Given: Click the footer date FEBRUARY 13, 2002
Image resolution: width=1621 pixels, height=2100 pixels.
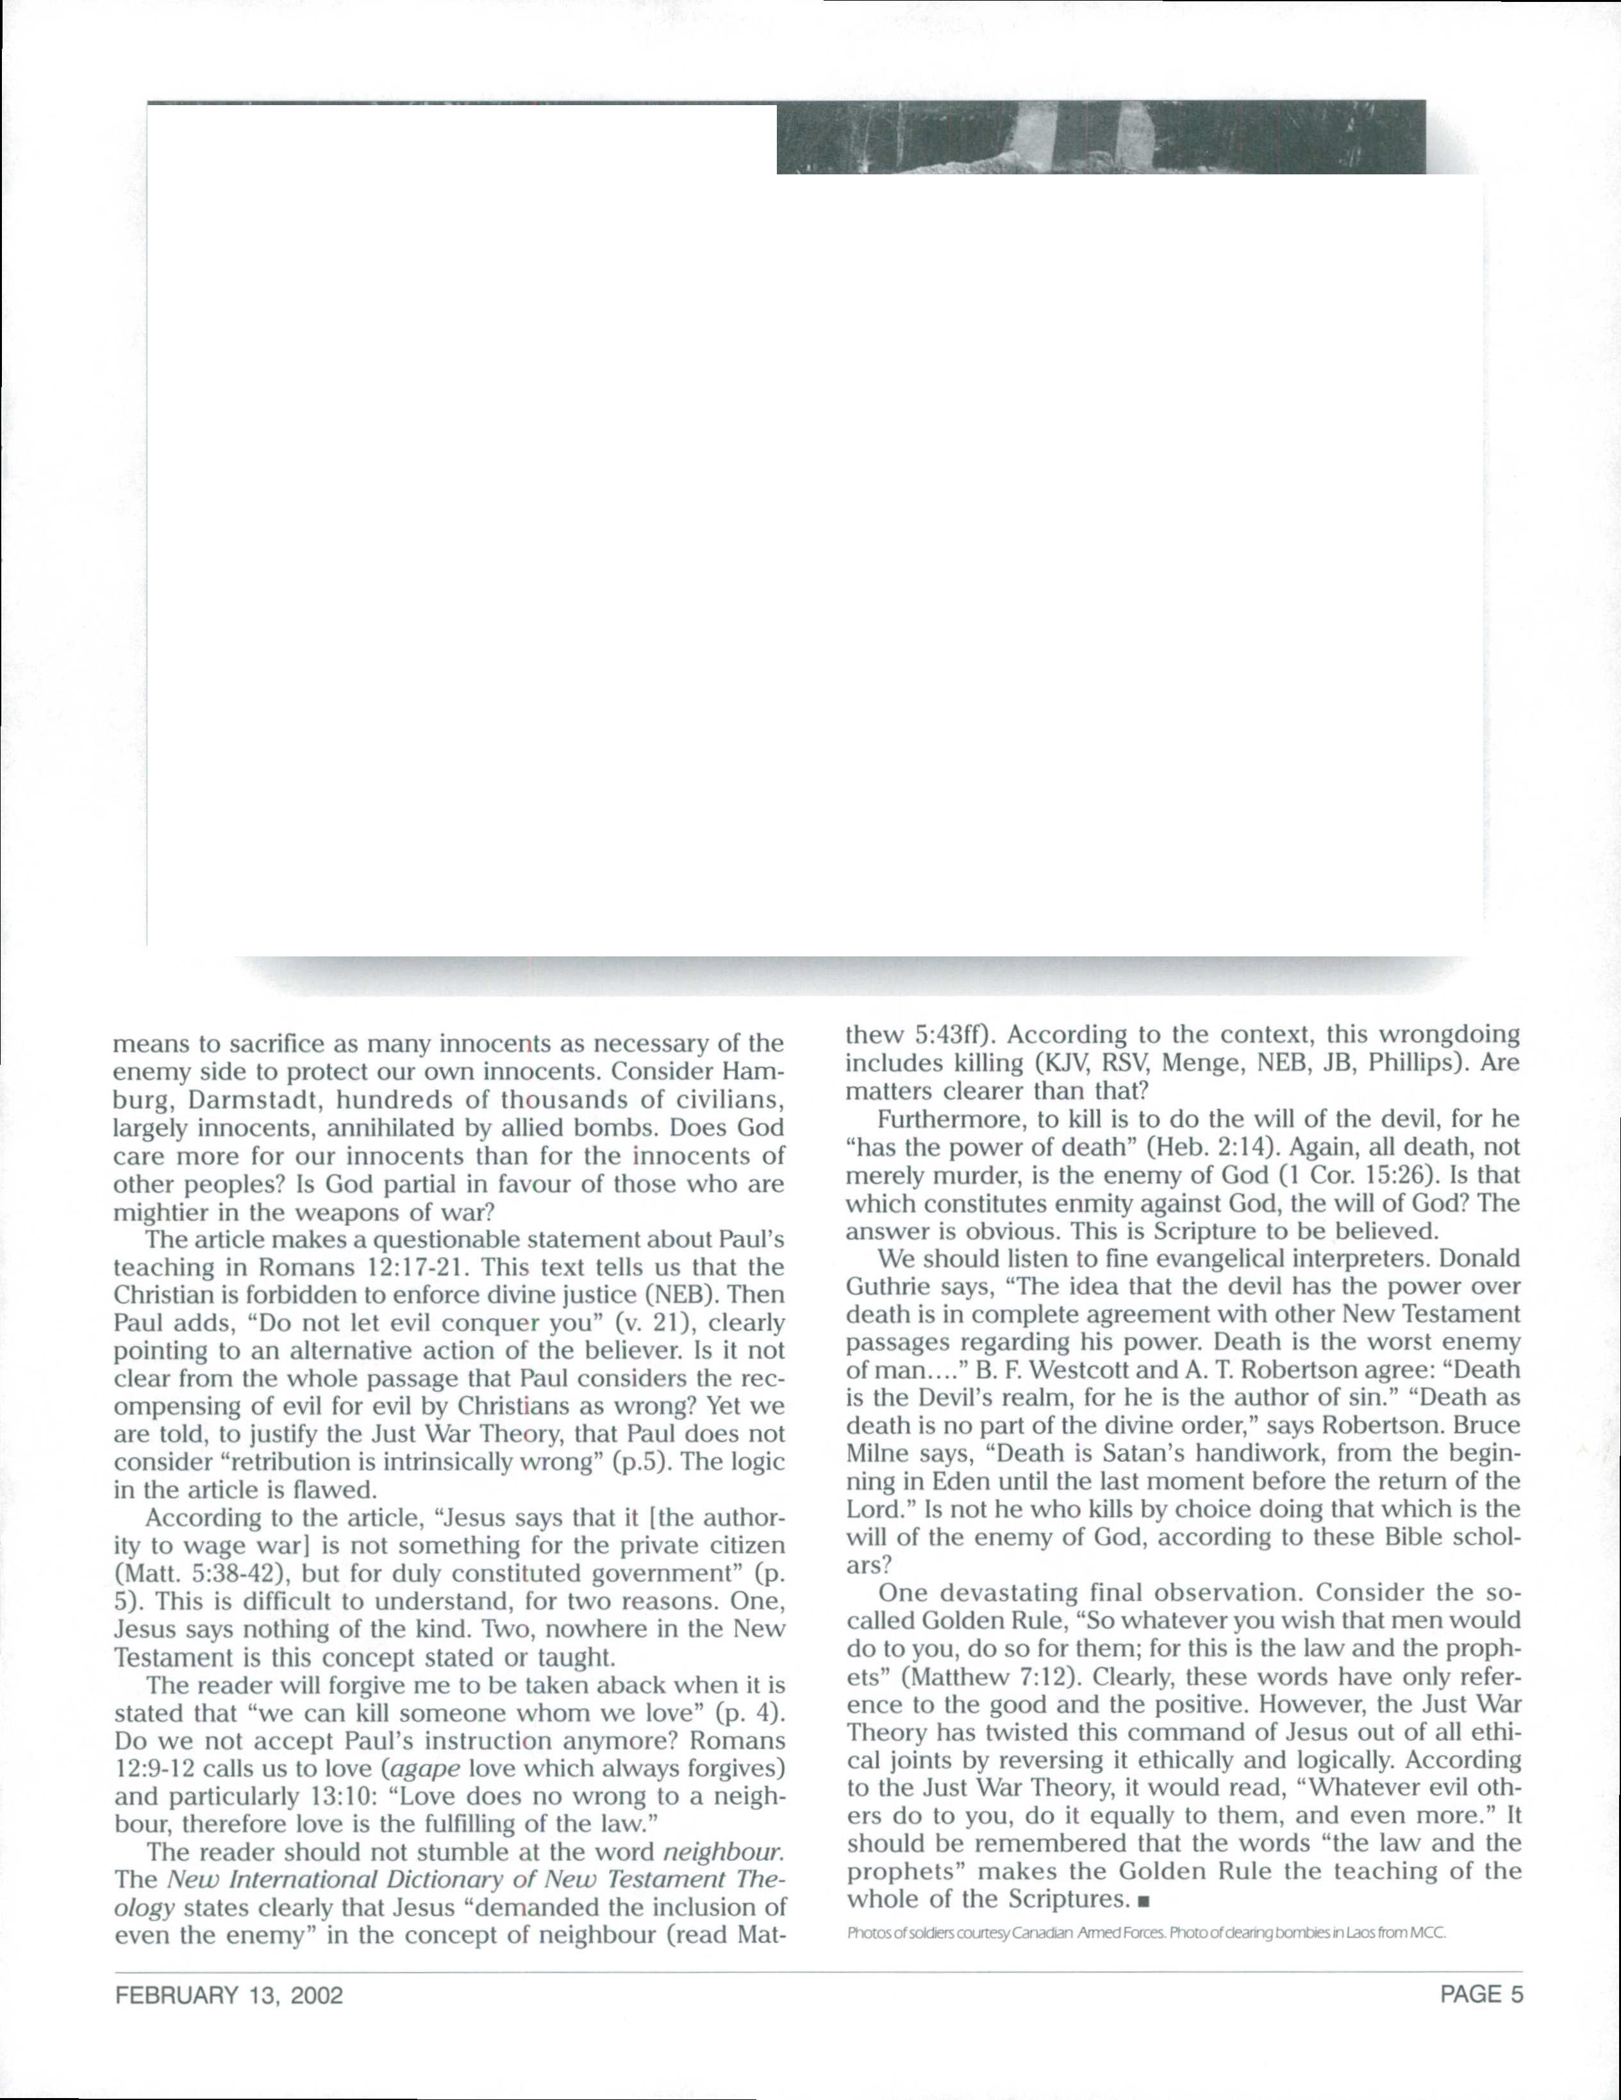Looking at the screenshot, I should coord(229,1994).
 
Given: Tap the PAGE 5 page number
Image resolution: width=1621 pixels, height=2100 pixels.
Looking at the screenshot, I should coord(1482,1994).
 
